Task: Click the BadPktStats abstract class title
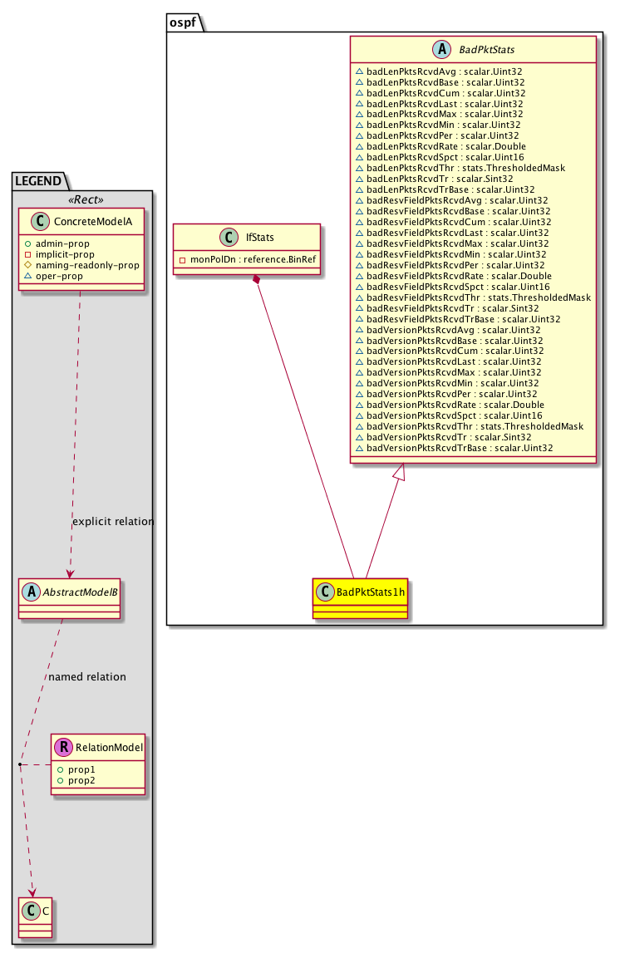pos(484,50)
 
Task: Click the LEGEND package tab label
pos(37,179)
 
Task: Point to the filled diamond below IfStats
pos(258,282)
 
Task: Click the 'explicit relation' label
pos(113,522)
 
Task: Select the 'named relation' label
pos(87,677)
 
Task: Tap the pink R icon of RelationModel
pos(62,748)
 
